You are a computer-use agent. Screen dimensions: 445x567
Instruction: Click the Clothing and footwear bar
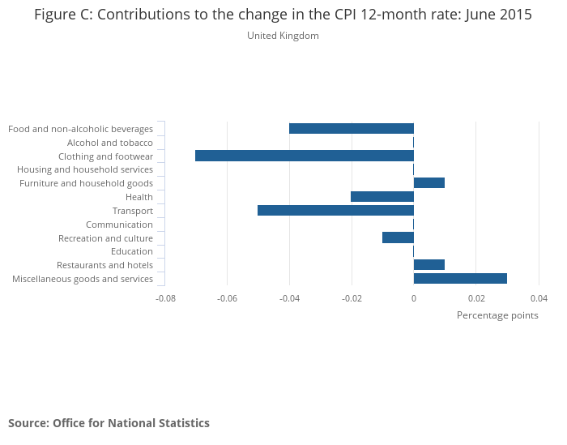[x=305, y=156]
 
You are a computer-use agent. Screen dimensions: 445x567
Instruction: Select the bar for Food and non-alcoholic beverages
[x=352, y=128]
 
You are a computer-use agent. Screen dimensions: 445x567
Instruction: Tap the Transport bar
[x=335, y=210]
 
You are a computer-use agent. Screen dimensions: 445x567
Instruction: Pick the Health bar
[x=382, y=197]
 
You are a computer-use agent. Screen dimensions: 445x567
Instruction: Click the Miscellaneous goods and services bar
[x=460, y=279]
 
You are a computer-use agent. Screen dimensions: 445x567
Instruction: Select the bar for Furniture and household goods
[x=429, y=183]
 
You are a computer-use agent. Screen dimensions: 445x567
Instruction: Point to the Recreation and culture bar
[x=398, y=237]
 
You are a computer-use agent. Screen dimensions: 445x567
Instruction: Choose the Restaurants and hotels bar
[x=429, y=265]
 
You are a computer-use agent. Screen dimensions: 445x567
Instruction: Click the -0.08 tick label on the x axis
[x=165, y=297]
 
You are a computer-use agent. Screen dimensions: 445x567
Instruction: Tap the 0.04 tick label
[x=539, y=297]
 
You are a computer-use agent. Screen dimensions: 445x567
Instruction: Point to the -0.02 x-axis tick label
[x=352, y=297]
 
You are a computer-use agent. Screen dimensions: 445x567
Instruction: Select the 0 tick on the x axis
[x=413, y=297]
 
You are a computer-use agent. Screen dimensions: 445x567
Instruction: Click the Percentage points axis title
[x=497, y=314]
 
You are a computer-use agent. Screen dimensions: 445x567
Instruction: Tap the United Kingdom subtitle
[x=283, y=36]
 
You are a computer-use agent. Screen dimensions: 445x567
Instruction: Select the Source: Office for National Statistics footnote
[x=109, y=423]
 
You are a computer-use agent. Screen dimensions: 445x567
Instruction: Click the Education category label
[x=132, y=251]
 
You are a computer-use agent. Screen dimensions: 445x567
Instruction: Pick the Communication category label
[x=119, y=225]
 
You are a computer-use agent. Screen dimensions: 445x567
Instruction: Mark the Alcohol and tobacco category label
[x=110, y=143]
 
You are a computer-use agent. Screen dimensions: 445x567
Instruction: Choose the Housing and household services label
[x=85, y=169]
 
